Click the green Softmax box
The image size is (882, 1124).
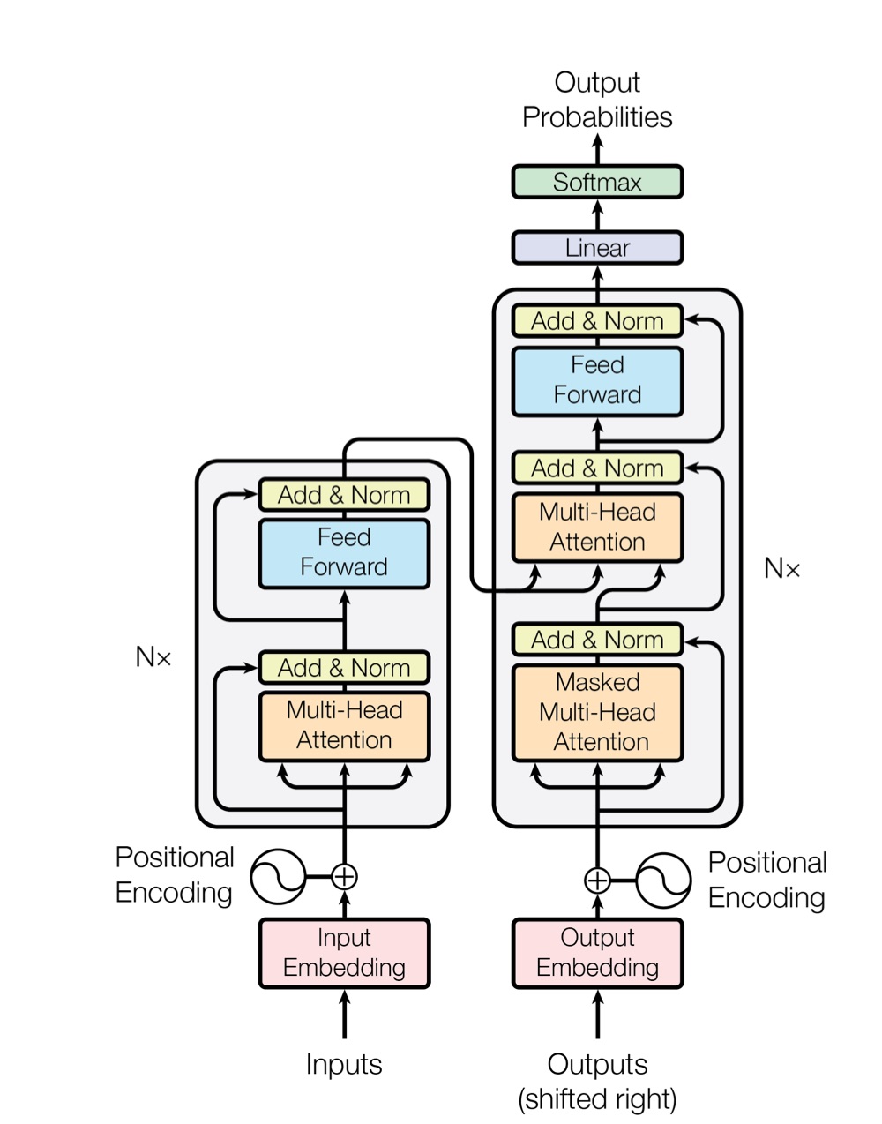coord(597,182)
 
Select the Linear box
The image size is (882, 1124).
coord(597,248)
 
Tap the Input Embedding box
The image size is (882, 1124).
coord(344,953)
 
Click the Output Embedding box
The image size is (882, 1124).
coord(597,953)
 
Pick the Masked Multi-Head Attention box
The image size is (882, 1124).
coord(597,712)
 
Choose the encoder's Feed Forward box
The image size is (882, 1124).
coord(344,553)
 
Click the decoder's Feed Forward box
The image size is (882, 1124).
coord(597,380)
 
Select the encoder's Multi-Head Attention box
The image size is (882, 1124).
coord(344,726)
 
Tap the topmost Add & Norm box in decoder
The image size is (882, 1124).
coord(597,321)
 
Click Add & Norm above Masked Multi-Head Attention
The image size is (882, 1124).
coord(597,640)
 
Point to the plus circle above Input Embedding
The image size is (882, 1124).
coord(344,877)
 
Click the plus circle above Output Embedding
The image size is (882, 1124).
coord(597,880)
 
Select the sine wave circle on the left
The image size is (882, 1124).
coord(278,877)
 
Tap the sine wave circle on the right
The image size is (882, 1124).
coord(663,880)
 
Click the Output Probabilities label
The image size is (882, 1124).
coord(597,100)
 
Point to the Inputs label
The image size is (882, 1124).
coord(344,1065)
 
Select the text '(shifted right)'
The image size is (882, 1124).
coord(597,1099)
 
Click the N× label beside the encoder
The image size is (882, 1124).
coord(153,657)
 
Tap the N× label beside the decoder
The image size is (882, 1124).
coord(781,569)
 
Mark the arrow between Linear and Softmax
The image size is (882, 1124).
coord(597,214)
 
